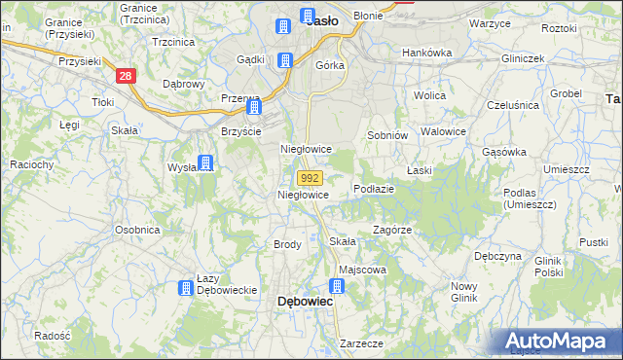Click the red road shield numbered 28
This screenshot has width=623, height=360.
[124, 75]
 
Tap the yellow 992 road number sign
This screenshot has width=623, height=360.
[310, 178]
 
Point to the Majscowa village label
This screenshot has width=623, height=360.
[362, 270]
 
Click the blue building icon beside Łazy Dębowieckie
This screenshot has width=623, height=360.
[185, 287]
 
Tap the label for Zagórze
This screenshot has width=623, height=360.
[392, 231]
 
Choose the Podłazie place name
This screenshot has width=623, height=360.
[374, 189]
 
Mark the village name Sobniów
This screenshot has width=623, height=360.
[385, 135]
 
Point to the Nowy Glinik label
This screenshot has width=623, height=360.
[463, 292]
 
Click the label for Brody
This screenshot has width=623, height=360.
[287, 244]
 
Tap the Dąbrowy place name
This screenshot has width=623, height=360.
[183, 84]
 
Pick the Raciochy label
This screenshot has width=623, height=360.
[31, 164]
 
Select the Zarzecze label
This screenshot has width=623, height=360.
[361, 343]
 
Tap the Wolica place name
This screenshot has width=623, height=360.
[429, 95]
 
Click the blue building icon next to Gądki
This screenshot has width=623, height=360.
[285, 60]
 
